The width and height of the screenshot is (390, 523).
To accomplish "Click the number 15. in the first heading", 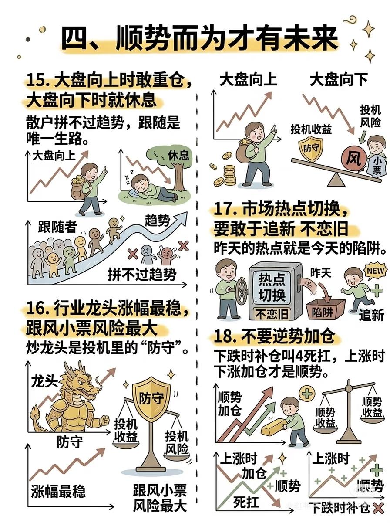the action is pyautogui.click(x=38, y=80).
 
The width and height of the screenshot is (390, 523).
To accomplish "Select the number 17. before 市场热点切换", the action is pyautogui.click(x=225, y=209).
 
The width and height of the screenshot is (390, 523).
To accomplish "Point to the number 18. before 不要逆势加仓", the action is pyautogui.click(x=225, y=336).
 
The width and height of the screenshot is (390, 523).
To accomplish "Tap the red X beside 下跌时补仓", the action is pyautogui.click(x=378, y=515).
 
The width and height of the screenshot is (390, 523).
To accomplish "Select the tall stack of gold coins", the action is pyautogui.click(x=230, y=175).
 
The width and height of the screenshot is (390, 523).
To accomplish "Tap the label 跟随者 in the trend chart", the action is pyautogui.click(x=57, y=226).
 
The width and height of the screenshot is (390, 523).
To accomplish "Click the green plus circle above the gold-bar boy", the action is pyautogui.click(x=307, y=393).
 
